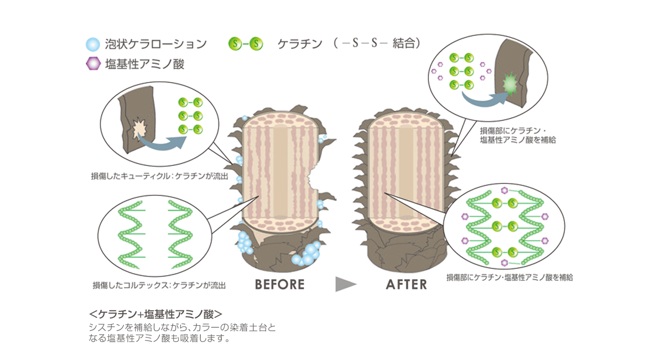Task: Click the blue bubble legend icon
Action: [x=94, y=44]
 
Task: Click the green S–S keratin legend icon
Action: [x=245, y=43]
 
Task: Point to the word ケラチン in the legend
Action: [x=300, y=44]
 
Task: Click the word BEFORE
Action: [x=280, y=284]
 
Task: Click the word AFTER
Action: [x=407, y=284]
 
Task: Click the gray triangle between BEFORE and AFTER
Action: [x=345, y=284]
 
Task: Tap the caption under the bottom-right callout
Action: [x=509, y=277]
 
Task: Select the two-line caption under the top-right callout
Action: [x=518, y=137]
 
